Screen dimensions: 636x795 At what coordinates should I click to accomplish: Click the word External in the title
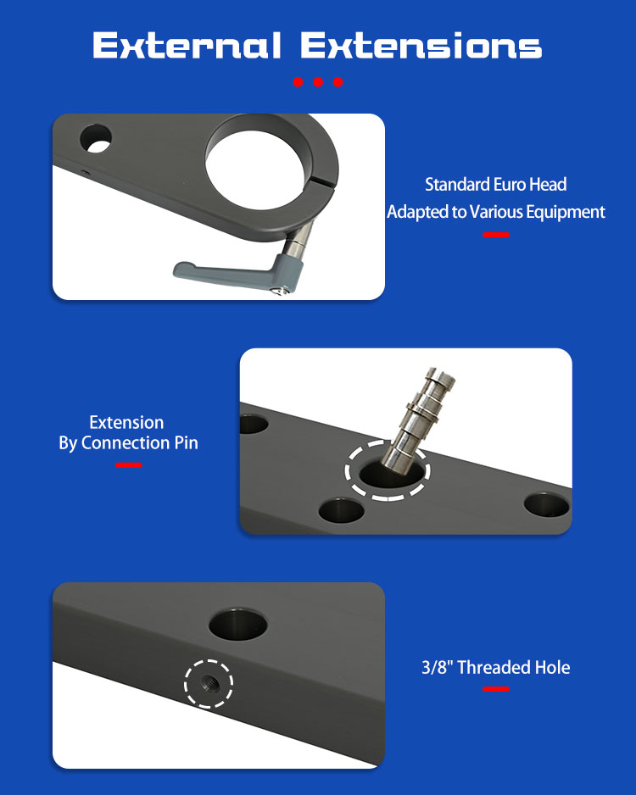pyautogui.click(x=187, y=45)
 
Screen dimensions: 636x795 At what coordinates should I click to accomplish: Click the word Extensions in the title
pyautogui.click(x=421, y=45)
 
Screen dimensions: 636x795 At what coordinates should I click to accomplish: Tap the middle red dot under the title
pyautogui.click(x=318, y=82)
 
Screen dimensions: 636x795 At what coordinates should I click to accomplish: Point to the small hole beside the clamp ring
pyautogui.click(x=97, y=138)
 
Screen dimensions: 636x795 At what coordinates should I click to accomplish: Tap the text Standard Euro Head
pyautogui.click(x=495, y=185)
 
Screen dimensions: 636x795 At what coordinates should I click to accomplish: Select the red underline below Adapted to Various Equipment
pyautogui.click(x=496, y=235)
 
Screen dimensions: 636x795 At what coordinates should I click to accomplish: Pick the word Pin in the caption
pyautogui.click(x=186, y=442)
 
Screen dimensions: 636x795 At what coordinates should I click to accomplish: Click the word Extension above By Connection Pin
pyautogui.click(x=126, y=422)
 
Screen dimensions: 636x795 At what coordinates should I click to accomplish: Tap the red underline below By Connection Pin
pyautogui.click(x=128, y=465)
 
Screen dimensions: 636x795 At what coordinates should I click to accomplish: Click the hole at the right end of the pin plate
pyautogui.click(x=547, y=505)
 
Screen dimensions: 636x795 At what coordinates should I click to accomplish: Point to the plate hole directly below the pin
pyautogui.click(x=342, y=510)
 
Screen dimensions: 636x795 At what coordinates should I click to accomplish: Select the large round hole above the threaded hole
pyautogui.click(x=238, y=625)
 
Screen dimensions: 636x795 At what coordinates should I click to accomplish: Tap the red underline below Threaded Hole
pyautogui.click(x=496, y=689)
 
